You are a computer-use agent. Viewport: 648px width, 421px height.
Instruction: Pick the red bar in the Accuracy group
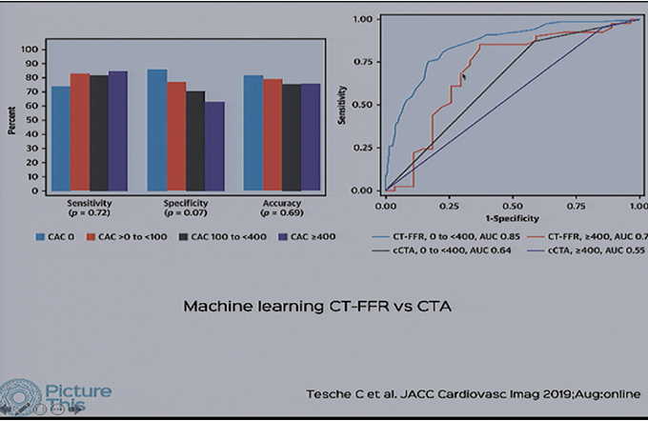pyautogui.click(x=273, y=134)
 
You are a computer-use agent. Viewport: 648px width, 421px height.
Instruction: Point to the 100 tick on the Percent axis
pyautogui.click(x=32, y=50)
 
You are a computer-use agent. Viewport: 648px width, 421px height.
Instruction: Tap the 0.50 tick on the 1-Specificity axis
pyautogui.click(x=512, y=204)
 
